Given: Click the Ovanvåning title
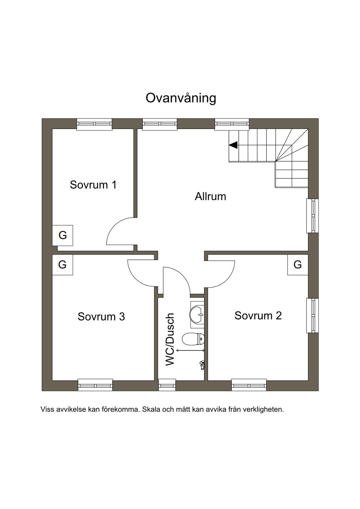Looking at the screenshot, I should click(x=181, y=98).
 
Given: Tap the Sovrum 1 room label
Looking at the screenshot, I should click(x=93, y=185).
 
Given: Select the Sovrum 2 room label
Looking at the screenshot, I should click(x=258, y=316).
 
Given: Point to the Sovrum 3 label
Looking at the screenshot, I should click(x=101, y=317).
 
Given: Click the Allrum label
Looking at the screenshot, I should click(x=210, y=196).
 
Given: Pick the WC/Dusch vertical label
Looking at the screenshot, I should click(x=170, y=339).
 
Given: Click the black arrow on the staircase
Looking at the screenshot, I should click(x=233, y=145).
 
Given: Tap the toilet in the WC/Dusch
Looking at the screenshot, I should click(x=193, y=339).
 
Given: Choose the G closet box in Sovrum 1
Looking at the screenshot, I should click(x=63, y=235).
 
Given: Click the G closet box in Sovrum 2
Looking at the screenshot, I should click(x=297, y=265).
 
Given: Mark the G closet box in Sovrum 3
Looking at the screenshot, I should click(x=62, y=265).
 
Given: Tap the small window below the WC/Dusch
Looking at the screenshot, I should click(x=167, y=385).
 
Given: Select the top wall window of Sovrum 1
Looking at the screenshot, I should click(x=94, y=124).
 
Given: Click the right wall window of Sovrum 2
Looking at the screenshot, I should click(x=312, y=315).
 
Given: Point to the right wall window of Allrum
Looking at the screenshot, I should click(x=312, y=215).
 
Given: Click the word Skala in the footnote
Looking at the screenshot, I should click(x=151, y=410).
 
